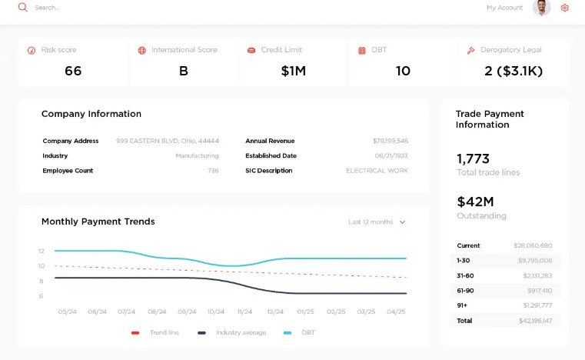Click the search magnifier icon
click(x=23, y=8)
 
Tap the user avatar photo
click(x=542, y=8)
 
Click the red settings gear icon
click(x=565, y=8)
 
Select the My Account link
click(x=504, y=8)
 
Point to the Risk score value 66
click(x=73, y=72)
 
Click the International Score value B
click(x=184, y=72)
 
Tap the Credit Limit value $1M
click(x=293, y=72)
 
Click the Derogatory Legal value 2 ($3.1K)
click(x=514, y=72)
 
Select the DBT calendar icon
click(x=362, y=51)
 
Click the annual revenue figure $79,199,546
click(x=391, y=142)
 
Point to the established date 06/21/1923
click(x=391, y=156)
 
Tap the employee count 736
click(x=213, y=171)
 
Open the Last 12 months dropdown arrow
click(x=402, y=222)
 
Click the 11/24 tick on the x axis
click(x=244, y=312)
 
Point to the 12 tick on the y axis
click(x=42, y=251)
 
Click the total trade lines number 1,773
click(x=473, y=159)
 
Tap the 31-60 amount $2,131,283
click(x=537, y=275)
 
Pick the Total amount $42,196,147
click(x=535, y=321)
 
